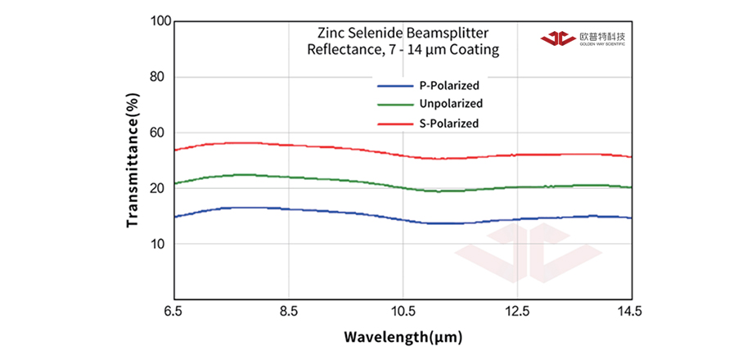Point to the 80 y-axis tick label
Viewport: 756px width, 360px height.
pos(160,77)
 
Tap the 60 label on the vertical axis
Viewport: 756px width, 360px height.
pos(160,133)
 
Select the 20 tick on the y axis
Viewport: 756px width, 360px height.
pos(160,188)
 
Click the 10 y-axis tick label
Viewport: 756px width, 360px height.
pos(160,244)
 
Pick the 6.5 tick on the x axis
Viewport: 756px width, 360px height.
pos(173,312)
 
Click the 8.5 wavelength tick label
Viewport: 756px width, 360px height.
pos(288,312)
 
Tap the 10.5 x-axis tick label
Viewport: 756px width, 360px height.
pos(403,312)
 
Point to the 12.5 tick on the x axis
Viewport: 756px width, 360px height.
pos(517,312)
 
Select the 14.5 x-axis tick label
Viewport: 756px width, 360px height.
pos(631,312)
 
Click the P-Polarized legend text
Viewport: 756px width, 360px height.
pos(449,85)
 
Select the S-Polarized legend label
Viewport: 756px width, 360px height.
pos(449,124)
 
